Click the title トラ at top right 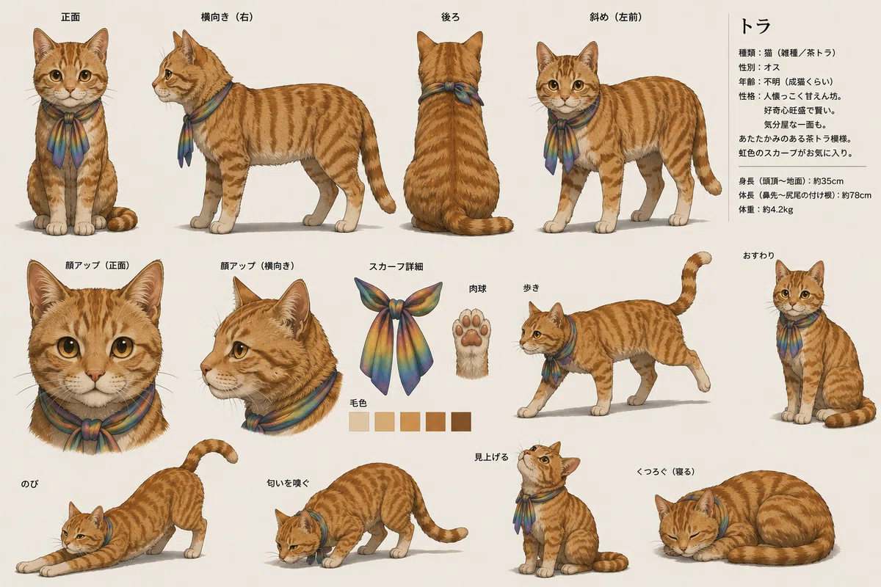pyautogui.click(x=755, y=26)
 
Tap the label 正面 pyautogui.click(x=70, y=17)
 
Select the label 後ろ pyautogui.click(x=450, y=17)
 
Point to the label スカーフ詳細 pyautogui.click(x=396, y=266)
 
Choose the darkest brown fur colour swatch pyautogui.click(x=461, y=422)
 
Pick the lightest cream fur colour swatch pyautogui.click(x=359, y=422)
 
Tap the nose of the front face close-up pyautogui.click(x=95, y=375)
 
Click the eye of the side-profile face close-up pyautogui.click(x=240, y=349)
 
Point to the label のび pyautogui.click(x=29, y=484)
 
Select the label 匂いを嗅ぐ pyautogui.click(x=288, y=484)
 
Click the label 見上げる pyautogui.click(x=491, y=457)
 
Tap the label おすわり pyautogui.click(x=758, y=255)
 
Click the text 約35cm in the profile pyautogui.click(x=828, y=181)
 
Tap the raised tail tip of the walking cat pyautogui.click(x=705, y=258)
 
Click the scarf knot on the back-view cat pyautogui.click(x=451, y=87)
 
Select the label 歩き pyautogui.click(x=531, y=288)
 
